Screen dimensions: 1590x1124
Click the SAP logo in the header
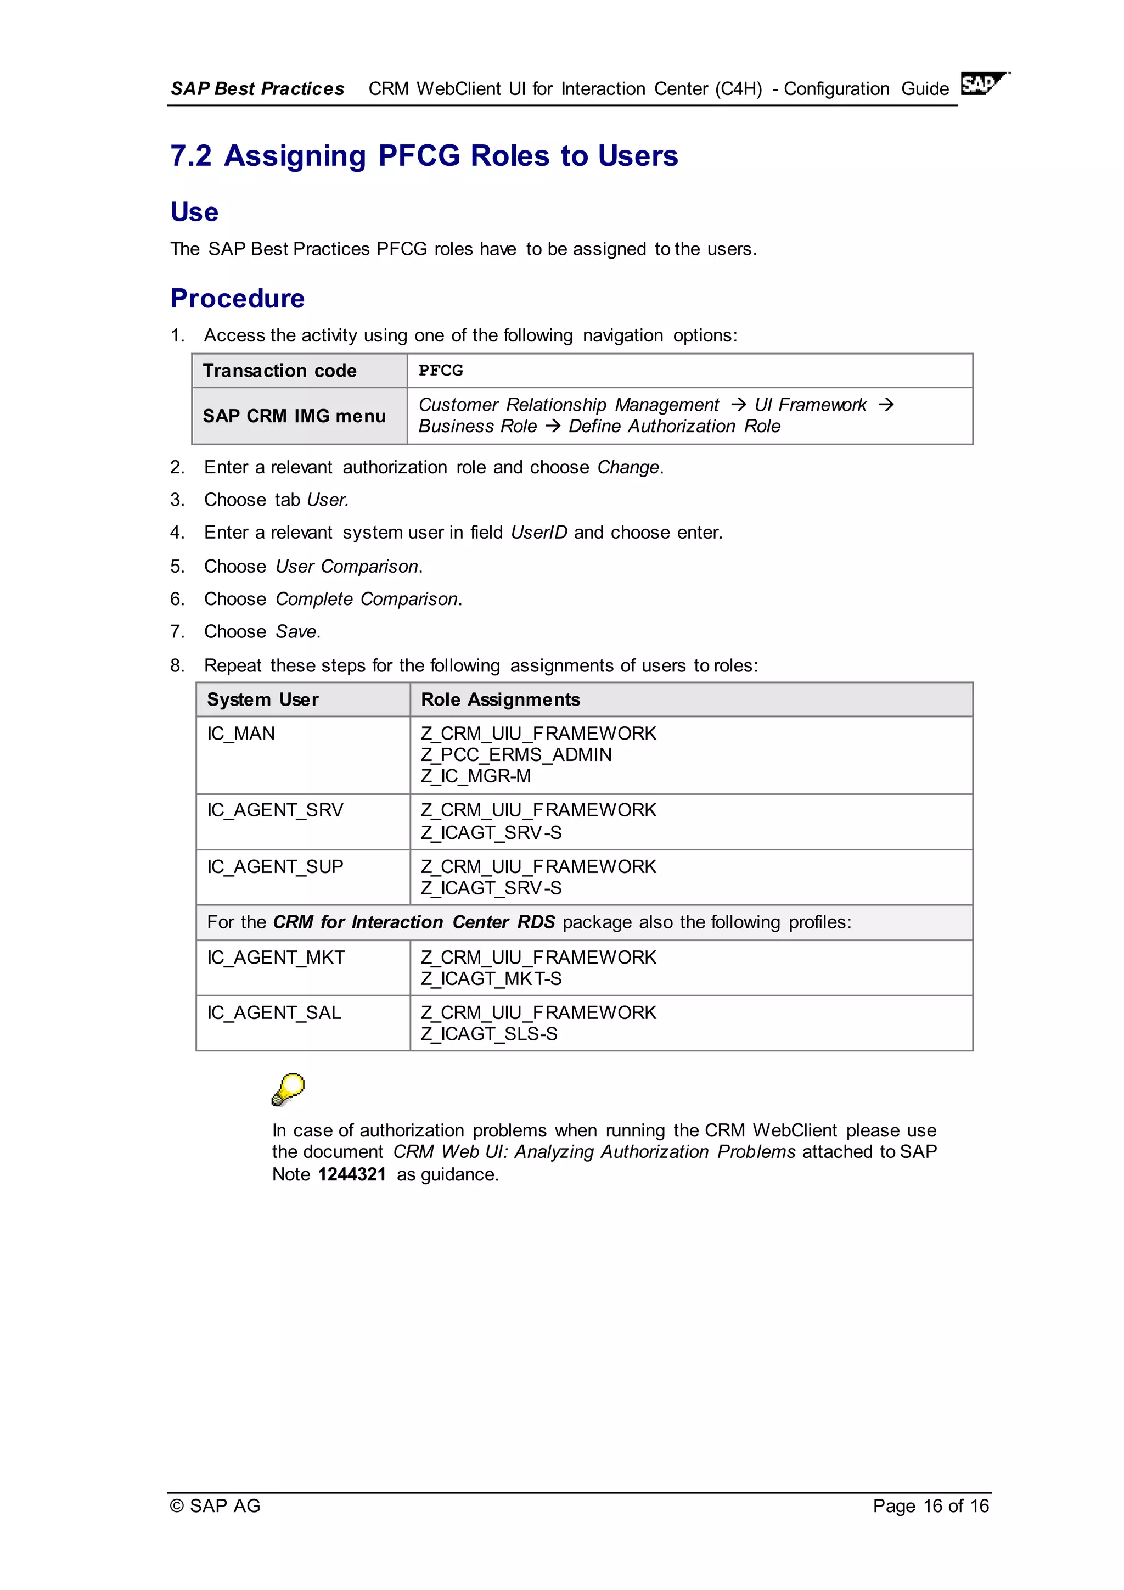[983, 84]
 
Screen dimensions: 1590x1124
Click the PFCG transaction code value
[441, 371]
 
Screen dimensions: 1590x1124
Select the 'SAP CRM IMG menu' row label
[294, 416]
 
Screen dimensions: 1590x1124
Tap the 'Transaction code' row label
[279, 371]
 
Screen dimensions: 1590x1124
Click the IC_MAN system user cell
[241, 734]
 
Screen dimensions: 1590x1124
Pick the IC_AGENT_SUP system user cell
[275, 866]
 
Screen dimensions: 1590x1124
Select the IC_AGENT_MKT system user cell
[276, 957]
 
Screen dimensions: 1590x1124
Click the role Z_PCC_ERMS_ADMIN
[516, 755]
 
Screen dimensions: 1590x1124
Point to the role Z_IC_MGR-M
[475, 776]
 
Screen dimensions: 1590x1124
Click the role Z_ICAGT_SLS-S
[488, 1034]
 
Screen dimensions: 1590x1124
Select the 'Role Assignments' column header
[501, 699]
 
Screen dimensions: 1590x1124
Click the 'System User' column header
[263, 699]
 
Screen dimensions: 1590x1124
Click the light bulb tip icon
[288, 1089]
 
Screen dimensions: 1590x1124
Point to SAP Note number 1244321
[352, 1174]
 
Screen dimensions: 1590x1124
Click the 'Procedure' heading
[238, 299]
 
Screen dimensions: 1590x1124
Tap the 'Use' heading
[194, 212]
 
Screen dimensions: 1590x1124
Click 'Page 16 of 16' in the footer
[930, 1505]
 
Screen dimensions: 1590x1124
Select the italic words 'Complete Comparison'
[367, 599]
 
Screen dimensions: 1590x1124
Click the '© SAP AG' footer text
[215, 1505]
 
